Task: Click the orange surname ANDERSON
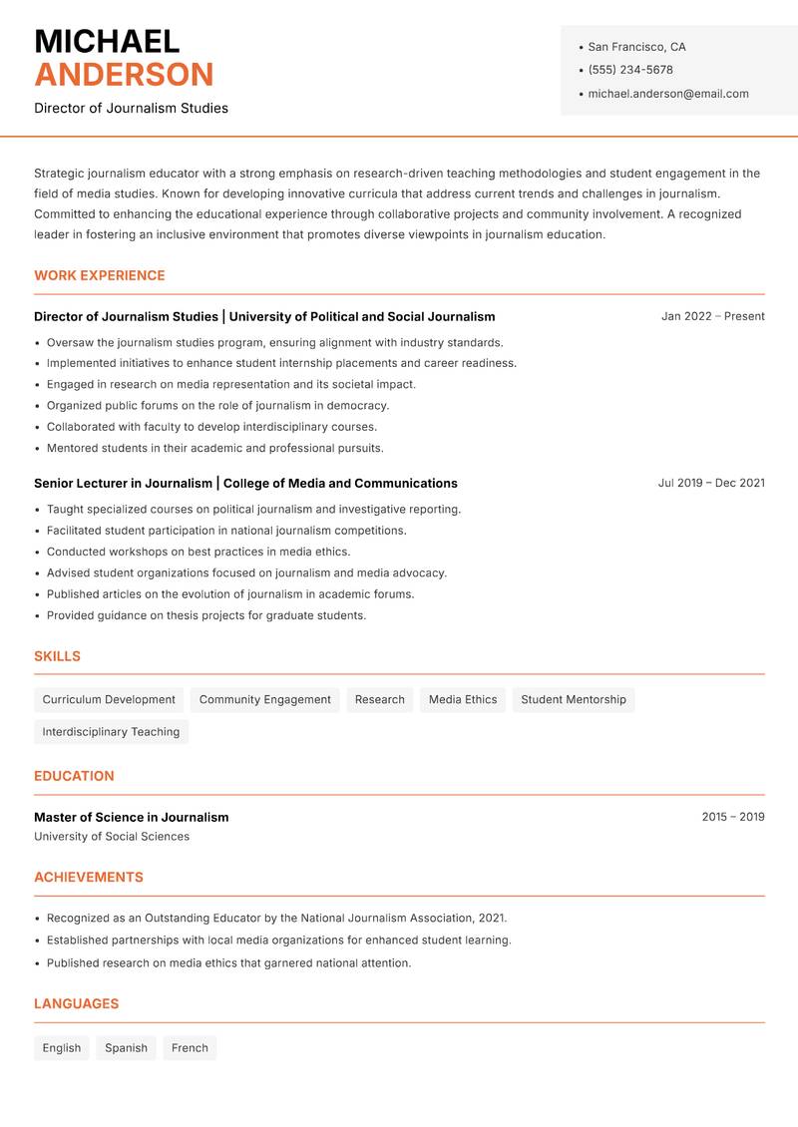(x=124, y=75)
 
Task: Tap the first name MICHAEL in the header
(x=107, y=41)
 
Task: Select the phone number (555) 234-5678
(x=630, y=70)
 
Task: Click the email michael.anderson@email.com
(x=667, y=94)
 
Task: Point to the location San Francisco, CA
(x=636, y=47)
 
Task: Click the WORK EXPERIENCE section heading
(x=100, y=275)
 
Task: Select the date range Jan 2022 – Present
(x=712, y=316)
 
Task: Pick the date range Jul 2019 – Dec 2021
(x=710, y=483)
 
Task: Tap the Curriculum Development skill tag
(x=109, y=700)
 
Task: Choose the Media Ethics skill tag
(x=463, y=700)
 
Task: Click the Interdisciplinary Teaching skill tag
(x=111, y=732)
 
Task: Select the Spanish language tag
(x=126, y=1048)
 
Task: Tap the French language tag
(x=190, y=1048)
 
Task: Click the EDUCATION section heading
(x=74, y=776)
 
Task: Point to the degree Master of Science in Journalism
(x=132, y=817)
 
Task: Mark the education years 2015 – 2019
(x=732, y=817)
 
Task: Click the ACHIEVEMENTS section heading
(x=89, y=878)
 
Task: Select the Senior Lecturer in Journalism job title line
(x=245, y=483)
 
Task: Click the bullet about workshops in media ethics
(x=199, y=552)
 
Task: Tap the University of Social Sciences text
(x=112, y=837)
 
